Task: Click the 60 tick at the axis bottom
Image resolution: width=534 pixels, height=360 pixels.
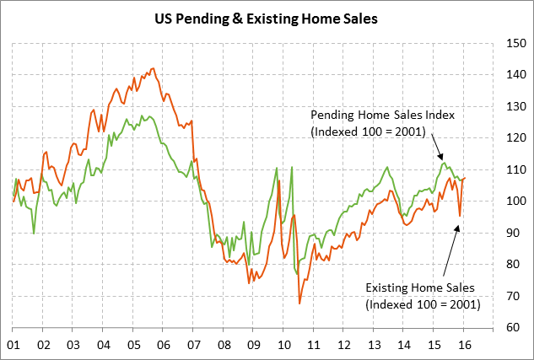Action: (x=511, y=327)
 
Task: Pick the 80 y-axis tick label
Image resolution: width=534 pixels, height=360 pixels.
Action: (x=511, y=264)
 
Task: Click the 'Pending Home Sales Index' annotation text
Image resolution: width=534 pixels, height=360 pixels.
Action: (x=370, y=115)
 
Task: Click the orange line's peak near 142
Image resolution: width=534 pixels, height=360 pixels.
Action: (x=152, y=68)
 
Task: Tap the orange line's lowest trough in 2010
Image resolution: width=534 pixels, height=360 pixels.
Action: (x=299, y=303)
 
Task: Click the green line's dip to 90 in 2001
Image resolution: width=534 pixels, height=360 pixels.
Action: (x=34, y=233)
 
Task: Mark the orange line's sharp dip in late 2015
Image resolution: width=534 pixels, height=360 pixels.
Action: (x=460, y=216)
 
